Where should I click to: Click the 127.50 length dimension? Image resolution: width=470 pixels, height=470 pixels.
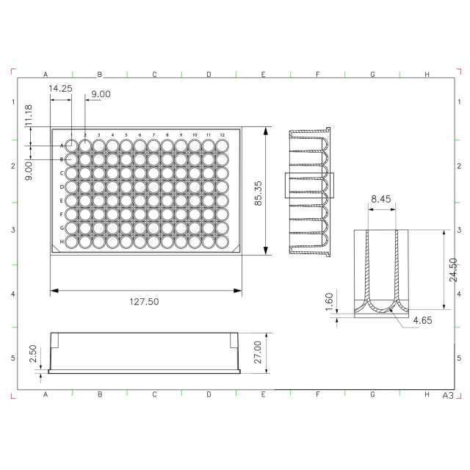tap(144, 302)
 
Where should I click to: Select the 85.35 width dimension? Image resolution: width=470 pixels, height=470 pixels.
tap(258, 193)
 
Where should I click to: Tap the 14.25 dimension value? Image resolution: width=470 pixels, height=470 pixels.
tap(60, 88)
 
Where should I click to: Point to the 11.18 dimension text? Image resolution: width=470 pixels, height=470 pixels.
tap(29, 115)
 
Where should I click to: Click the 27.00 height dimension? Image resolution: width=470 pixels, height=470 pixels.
tap(258, 352)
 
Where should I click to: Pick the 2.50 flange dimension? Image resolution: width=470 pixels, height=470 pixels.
tap(32, 353)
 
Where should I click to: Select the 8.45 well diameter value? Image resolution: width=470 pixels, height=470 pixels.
tap(381, 199)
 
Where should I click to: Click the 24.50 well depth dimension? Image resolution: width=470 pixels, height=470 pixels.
tap(453, 270)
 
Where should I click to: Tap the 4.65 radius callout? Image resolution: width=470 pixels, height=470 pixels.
tap(423, 320)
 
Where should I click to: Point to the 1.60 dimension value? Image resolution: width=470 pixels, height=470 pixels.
tap(329, 302)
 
